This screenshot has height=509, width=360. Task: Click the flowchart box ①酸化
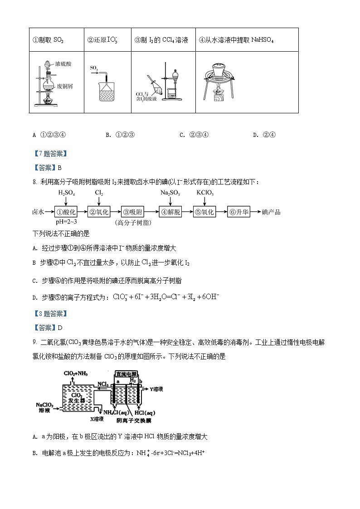point(67,212)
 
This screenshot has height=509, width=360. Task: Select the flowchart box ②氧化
point(99,212)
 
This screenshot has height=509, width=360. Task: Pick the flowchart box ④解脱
point(170,212)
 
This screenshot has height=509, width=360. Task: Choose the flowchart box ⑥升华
point(239,212)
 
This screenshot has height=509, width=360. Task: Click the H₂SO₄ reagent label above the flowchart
point(67,193)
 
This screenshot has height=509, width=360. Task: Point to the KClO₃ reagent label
point(205,193)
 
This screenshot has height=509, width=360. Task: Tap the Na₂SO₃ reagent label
point(170,193)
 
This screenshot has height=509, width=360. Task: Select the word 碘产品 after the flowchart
point(272,212)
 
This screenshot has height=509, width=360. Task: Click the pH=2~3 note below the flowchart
point(67,222)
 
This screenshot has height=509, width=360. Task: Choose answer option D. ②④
point(265,135)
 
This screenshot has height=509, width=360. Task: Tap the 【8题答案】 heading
point(49,313)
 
